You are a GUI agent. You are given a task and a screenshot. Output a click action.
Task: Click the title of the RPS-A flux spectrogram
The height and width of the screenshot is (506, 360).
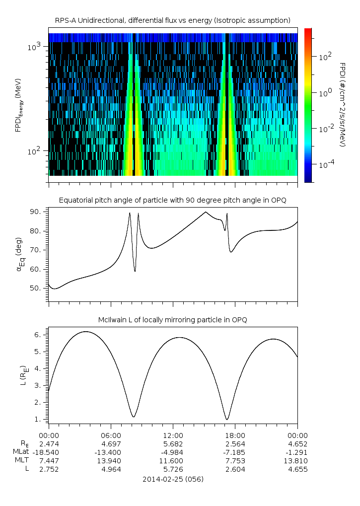pos(172,20)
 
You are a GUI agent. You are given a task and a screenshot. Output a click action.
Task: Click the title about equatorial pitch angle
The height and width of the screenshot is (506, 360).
pos(172,200)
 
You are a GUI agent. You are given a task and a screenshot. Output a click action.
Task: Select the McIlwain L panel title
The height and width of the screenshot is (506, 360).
pos(172,320)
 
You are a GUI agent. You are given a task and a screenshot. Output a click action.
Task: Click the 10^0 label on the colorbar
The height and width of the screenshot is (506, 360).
pos(326,93)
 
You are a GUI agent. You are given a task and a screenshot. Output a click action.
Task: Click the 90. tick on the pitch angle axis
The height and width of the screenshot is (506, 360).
pos(37,212)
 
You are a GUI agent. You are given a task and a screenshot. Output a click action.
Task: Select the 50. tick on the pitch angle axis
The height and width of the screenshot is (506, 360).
pos(37,288)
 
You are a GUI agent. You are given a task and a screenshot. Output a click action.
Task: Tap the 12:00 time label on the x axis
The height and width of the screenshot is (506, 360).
pos(173,435)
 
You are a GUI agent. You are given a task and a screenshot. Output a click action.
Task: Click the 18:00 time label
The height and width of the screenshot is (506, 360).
pos(235,435)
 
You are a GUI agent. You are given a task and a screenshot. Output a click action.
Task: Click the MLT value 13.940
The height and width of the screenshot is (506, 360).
pos(110,461)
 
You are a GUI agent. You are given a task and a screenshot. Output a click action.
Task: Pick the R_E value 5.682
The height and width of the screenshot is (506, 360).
pos(173,443)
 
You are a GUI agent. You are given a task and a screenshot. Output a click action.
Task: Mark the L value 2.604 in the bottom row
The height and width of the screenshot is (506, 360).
pos(235,469)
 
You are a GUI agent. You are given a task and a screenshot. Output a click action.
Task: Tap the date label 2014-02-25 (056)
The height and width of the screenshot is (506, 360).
pos(173,479)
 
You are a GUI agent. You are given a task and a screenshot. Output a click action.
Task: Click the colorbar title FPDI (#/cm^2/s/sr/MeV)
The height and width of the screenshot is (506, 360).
pos(343,104)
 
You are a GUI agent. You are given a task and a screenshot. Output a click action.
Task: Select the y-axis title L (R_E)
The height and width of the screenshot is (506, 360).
pos(24,375)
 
